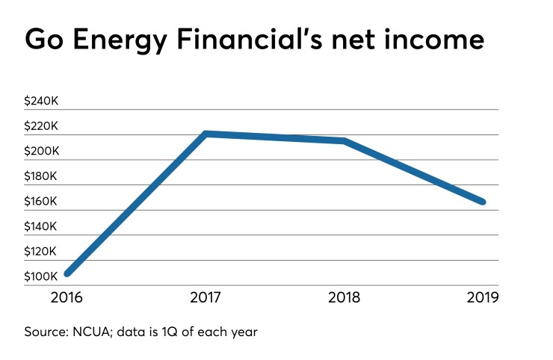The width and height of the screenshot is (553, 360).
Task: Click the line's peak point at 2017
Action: coord(206,134)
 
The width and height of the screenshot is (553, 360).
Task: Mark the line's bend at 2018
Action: coord(345,140)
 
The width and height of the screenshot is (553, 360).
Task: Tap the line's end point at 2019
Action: coord(483,202)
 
